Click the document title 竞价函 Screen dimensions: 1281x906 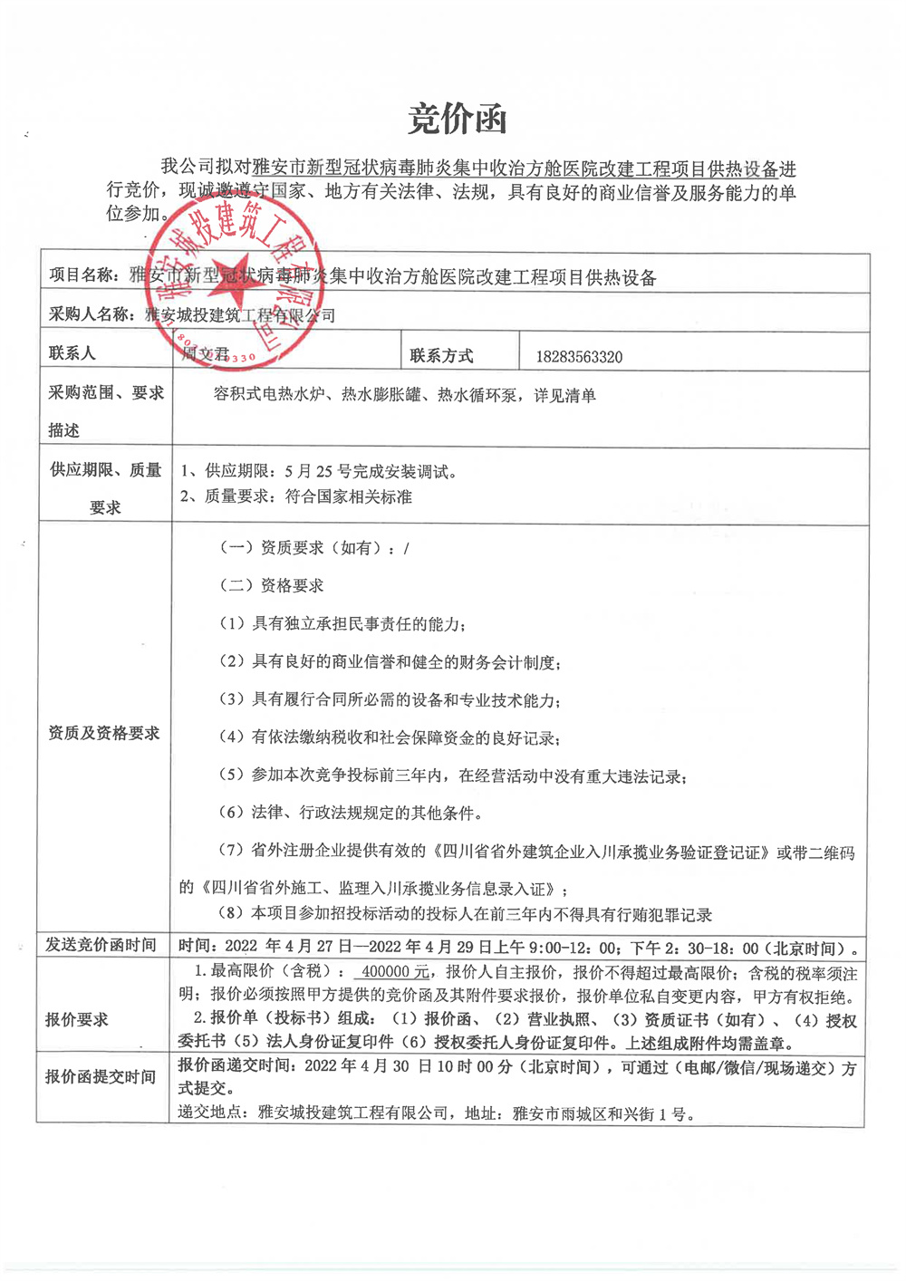457,120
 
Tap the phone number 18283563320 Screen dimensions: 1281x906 579,357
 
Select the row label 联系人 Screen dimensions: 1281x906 72,353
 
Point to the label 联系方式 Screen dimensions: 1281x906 441,356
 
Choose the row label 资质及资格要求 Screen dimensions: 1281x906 103,733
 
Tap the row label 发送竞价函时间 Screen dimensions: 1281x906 101,945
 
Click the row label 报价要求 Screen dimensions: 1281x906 77,1019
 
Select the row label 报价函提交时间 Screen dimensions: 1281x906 101,1076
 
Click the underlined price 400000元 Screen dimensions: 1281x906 395,971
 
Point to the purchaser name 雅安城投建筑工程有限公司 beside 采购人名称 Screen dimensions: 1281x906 240,315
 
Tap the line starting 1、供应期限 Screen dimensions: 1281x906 319,471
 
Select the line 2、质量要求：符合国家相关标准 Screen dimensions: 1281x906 295,496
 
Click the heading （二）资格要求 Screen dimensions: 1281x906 272,585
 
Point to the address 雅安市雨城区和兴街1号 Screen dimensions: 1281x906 603,1113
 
